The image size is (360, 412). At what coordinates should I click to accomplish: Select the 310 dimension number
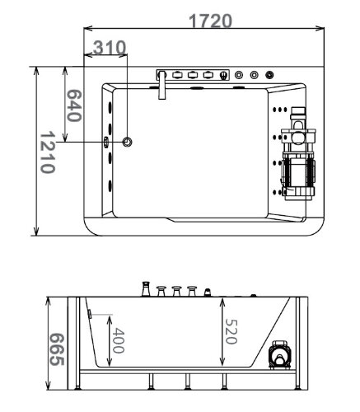tap(109, 49)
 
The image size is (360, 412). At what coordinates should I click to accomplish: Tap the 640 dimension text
tap(73, 105)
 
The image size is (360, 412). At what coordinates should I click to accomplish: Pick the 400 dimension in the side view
tap(119, 339)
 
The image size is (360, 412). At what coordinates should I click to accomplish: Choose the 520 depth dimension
tap(233, 331)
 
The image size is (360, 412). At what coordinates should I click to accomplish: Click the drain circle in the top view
tap(128, 143)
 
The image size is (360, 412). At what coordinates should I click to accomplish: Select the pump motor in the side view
tap(281, 356)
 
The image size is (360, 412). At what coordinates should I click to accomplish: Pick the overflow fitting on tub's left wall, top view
tap(105, 142)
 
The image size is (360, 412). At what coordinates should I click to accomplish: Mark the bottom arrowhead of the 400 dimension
tap(106, 363)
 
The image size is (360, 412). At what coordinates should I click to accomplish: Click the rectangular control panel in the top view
tap(192, 75)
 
